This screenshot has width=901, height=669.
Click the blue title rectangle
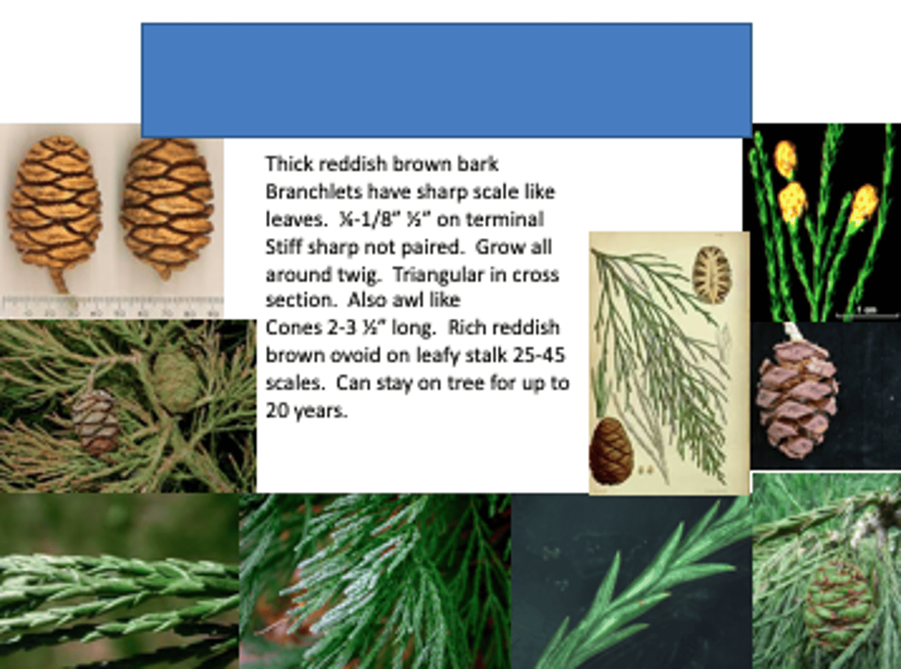pos(446,79)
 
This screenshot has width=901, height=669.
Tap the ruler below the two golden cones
pos(113,306)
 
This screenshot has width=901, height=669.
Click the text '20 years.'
pos(306,411)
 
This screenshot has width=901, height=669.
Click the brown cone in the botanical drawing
pos(611,451)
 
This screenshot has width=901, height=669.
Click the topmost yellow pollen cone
pos(785,159)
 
